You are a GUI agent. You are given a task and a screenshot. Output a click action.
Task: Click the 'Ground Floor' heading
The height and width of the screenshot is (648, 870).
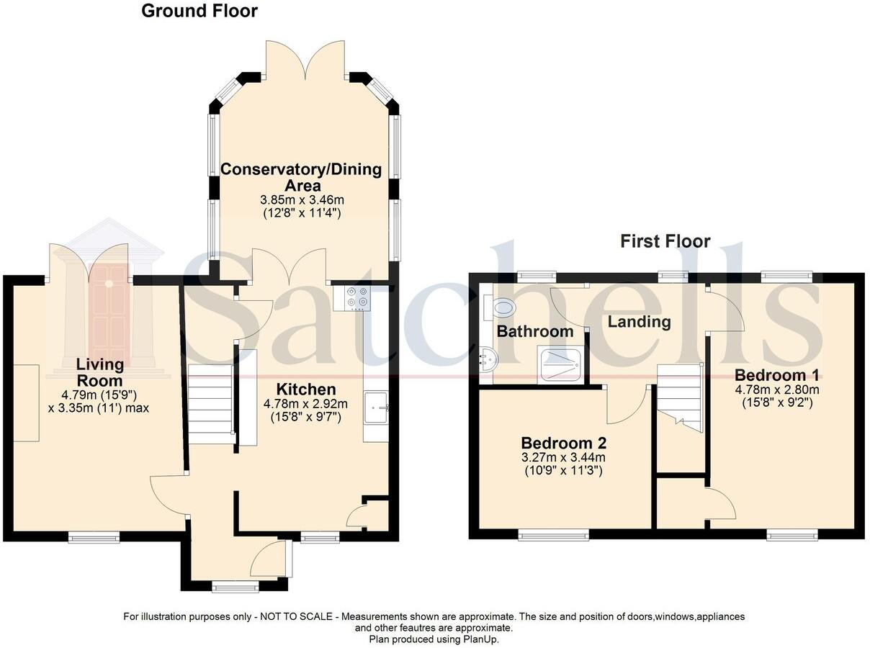199,11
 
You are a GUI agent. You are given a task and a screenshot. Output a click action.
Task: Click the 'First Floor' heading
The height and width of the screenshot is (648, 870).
665,241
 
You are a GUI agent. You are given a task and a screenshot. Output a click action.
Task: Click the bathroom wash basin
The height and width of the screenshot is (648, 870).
488,358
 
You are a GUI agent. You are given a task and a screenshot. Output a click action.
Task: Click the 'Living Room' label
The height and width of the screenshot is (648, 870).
101,372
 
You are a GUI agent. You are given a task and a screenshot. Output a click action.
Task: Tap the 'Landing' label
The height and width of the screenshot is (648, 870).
639,322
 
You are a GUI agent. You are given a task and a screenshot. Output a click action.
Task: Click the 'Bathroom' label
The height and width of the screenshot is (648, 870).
535,331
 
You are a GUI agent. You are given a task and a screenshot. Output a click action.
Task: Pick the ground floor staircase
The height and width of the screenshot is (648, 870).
210,403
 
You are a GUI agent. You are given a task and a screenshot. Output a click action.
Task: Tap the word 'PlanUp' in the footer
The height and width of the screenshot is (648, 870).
480,639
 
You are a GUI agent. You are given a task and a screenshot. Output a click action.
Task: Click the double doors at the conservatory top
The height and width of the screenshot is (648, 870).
307,60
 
